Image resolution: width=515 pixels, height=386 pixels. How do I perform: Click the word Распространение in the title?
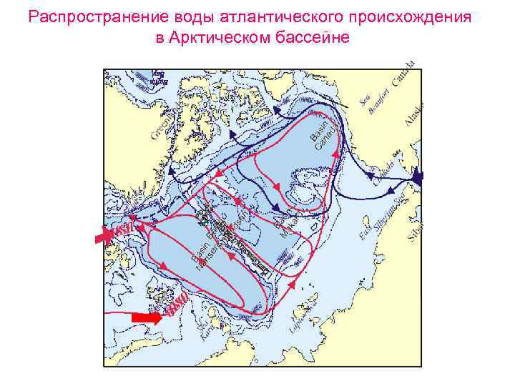[82, 16]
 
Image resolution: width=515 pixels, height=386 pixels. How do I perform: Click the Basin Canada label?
[323, 132]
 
